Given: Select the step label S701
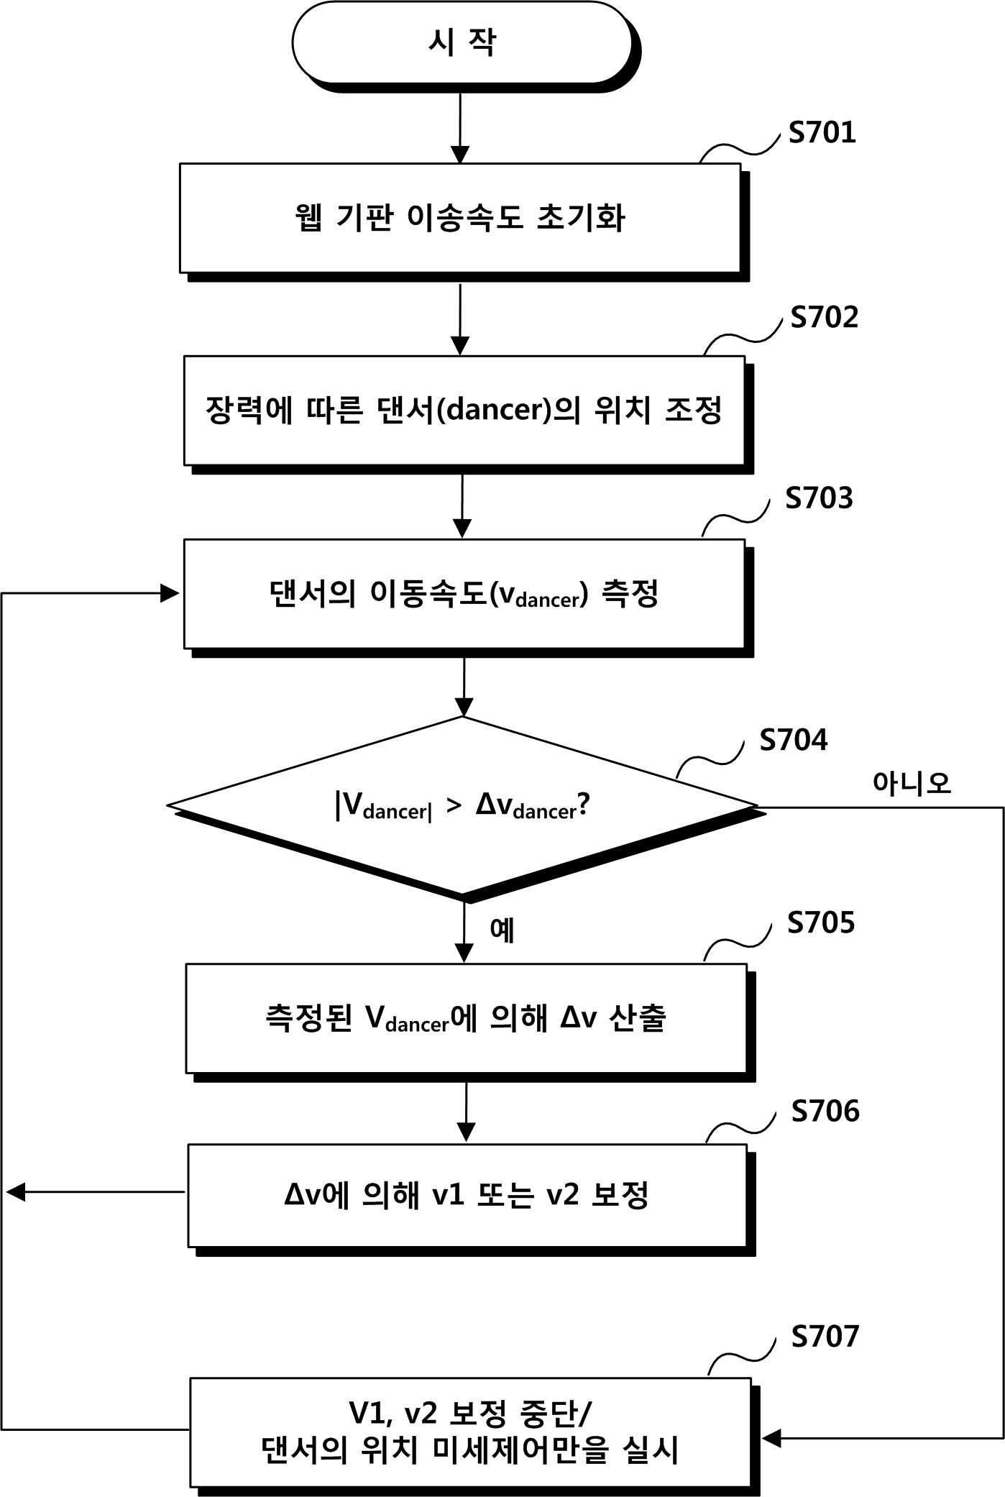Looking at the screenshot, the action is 822,132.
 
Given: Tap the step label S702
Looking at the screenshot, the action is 825,317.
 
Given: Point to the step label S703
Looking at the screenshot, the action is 819,498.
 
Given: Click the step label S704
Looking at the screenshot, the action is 794,740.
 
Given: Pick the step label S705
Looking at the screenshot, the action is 821,923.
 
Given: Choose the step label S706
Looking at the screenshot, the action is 825,1112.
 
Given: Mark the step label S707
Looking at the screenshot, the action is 825,1337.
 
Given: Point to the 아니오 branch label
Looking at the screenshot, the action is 912,783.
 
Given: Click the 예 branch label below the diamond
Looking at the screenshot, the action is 502,930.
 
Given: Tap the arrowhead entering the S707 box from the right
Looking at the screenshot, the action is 771,1438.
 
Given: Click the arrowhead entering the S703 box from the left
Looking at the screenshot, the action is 170,593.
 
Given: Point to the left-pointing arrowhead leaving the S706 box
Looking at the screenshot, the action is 16,1192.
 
